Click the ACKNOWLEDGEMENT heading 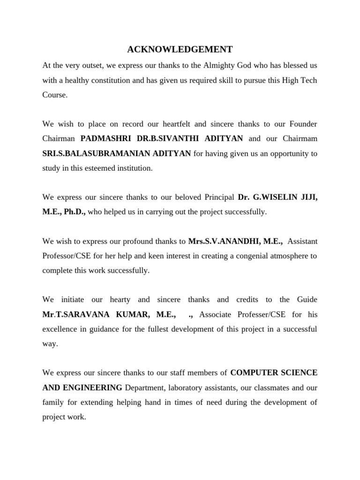coord(180,49)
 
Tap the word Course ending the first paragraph coord(54,95)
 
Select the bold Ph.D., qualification coord(75,212)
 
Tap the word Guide coord(307,300)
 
